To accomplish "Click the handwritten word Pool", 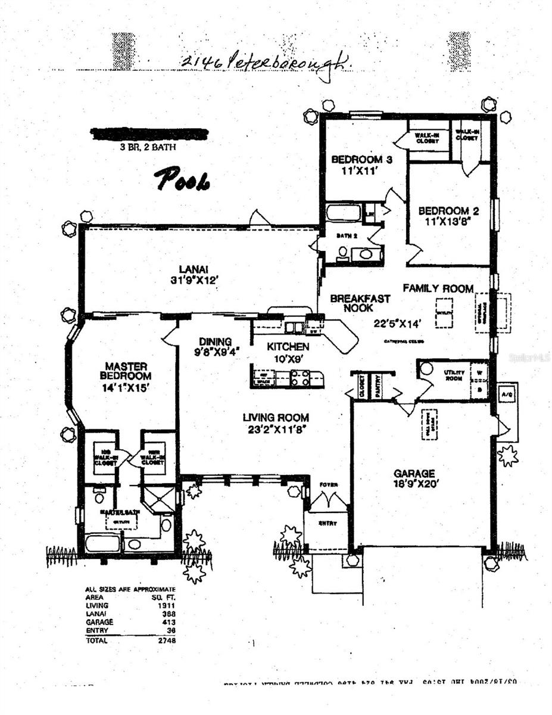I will point(182,179).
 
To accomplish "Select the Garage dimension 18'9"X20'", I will point(417,484).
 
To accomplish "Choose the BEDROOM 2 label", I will point(448,210).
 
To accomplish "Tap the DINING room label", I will point(215,341).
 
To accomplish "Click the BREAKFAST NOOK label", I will point(360,303).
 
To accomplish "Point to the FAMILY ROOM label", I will point(438,288).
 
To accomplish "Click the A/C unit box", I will point(507,394).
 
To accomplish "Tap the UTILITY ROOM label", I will point(454,375).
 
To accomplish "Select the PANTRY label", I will point(376,386).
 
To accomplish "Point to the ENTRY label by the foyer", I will point(327,523).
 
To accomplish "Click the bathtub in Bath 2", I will point(343,213).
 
